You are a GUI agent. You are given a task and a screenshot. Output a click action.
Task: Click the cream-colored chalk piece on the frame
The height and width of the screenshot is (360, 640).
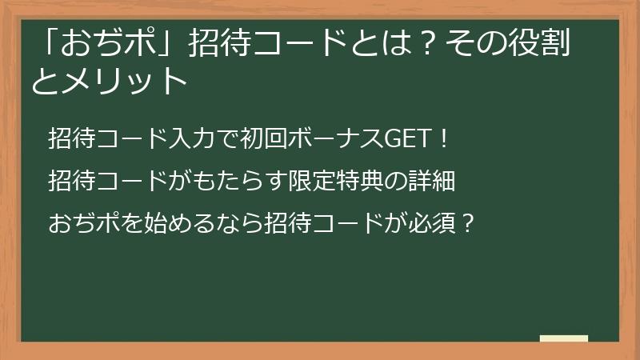pos(564,339)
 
